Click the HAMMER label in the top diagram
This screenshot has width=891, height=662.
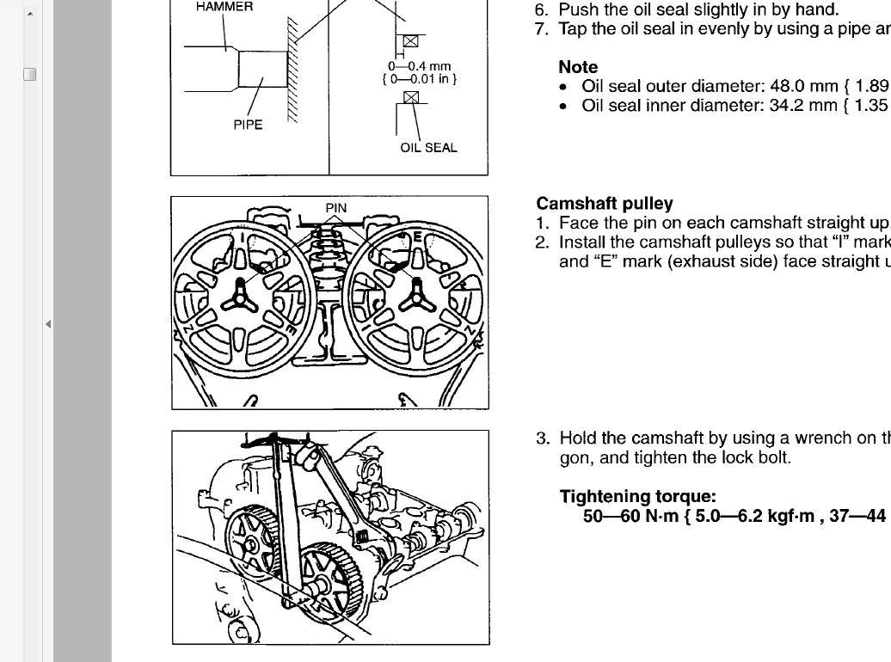pyautogui.click(x=224, y=7)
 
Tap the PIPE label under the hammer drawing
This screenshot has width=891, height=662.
pyautogui.click(x=248, y=125)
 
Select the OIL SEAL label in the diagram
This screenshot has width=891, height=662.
pyautogui.click(x=428, y=148)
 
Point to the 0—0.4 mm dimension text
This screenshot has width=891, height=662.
pyautogui.click(x=420, y=66)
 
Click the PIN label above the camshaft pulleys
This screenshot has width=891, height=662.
pyautogui.click(x=335, y=208)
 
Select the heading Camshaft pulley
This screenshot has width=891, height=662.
pyautogui.click(x=604, y=204)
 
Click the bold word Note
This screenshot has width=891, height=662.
pyautogui.click(x=578, y=67)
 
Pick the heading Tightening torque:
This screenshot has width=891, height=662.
pyautogui.click(x=637, y=496)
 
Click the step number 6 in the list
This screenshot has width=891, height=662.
pyautogui.click(x=541, y=10)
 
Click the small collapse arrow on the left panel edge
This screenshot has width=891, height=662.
pyautogui.click(x=48, y=324)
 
